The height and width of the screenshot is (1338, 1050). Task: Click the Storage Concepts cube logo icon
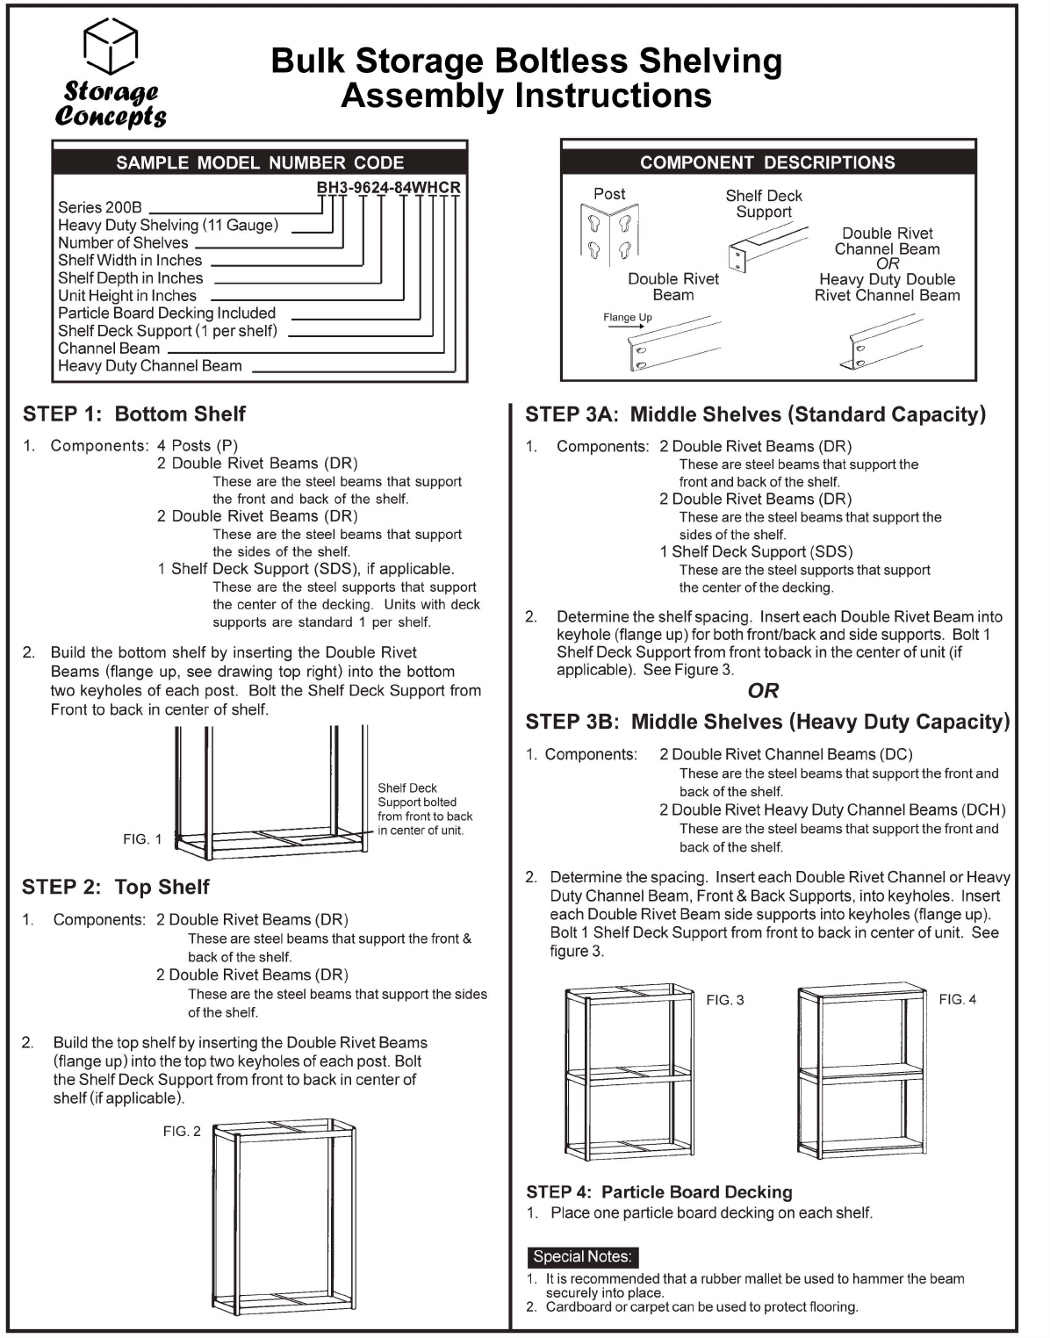click(x=111, y=46)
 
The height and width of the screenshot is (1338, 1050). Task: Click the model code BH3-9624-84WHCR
click(x=388, y=187)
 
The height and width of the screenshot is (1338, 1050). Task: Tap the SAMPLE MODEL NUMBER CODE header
click(x=260, y=162)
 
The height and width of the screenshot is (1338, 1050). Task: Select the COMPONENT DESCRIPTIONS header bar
click(x=767, y=162)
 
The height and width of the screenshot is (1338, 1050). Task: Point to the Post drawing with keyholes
click(x=609, y=233)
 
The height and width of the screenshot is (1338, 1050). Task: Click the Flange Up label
click(x=627, y=318)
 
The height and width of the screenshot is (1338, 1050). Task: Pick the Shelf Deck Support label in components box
click(x=764, y=204)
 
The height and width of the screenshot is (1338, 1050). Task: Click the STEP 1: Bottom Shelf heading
click(x=134, y=414)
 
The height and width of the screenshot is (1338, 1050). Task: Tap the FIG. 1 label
click(x=142, y=839)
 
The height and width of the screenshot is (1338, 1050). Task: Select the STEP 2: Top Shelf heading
click(x=116, y=887)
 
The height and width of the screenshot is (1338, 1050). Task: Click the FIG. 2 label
click(x=182, y=1131)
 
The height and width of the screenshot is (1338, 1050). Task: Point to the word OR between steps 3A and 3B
click(x=763, y=691)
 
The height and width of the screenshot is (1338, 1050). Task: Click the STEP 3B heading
click(x=767, y=722)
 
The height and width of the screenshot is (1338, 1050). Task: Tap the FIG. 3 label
click(x=725, y=1000)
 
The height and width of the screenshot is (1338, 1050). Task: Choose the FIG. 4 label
click(x=957, y=999)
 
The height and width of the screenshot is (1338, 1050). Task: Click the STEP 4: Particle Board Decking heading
click(x=658, y=1191)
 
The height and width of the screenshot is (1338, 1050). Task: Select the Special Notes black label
click(x=582, y=1256)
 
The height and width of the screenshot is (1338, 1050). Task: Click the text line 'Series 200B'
click(x=100, y=207)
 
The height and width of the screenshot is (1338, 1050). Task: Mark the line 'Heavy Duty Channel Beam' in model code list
click(x=150, y=366)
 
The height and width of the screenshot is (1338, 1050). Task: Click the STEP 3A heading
click(x=755, y=414)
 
